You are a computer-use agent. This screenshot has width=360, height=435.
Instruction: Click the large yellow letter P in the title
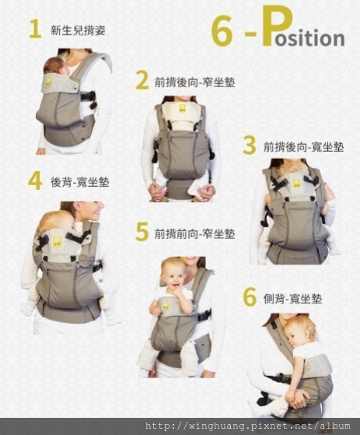coord(277,26)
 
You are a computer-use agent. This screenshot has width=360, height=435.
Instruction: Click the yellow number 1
coord(35,30)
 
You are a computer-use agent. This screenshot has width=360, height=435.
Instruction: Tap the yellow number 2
coord(142,81)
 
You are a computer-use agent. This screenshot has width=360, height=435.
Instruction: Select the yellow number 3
coord(250,146)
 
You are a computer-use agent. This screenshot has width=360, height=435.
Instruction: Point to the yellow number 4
coord(35,181)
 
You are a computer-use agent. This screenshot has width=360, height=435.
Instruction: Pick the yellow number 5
coord(142,232)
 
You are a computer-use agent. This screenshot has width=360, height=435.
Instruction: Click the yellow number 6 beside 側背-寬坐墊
coord(250,297)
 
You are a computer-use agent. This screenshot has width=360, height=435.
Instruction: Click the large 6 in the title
coord(222,31)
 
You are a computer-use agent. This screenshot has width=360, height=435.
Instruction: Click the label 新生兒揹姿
coord(78,30)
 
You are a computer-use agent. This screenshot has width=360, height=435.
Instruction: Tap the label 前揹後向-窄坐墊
coord(194,82)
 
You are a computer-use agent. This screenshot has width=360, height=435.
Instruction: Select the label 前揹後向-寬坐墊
coord(303,146)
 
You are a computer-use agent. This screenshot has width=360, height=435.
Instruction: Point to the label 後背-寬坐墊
coord(80,182)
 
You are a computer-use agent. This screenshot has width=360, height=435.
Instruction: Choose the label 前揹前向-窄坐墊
coord(194,233)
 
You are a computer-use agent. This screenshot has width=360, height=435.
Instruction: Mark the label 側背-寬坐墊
coord(292,299)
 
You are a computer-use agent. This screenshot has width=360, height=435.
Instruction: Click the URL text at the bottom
coord(248,426)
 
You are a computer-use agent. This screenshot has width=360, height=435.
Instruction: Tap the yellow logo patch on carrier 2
coord(183,108)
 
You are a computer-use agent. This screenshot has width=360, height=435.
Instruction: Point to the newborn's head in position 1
coord(55,66)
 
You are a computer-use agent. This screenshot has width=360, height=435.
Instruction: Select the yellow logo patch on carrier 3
coord(296,184)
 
